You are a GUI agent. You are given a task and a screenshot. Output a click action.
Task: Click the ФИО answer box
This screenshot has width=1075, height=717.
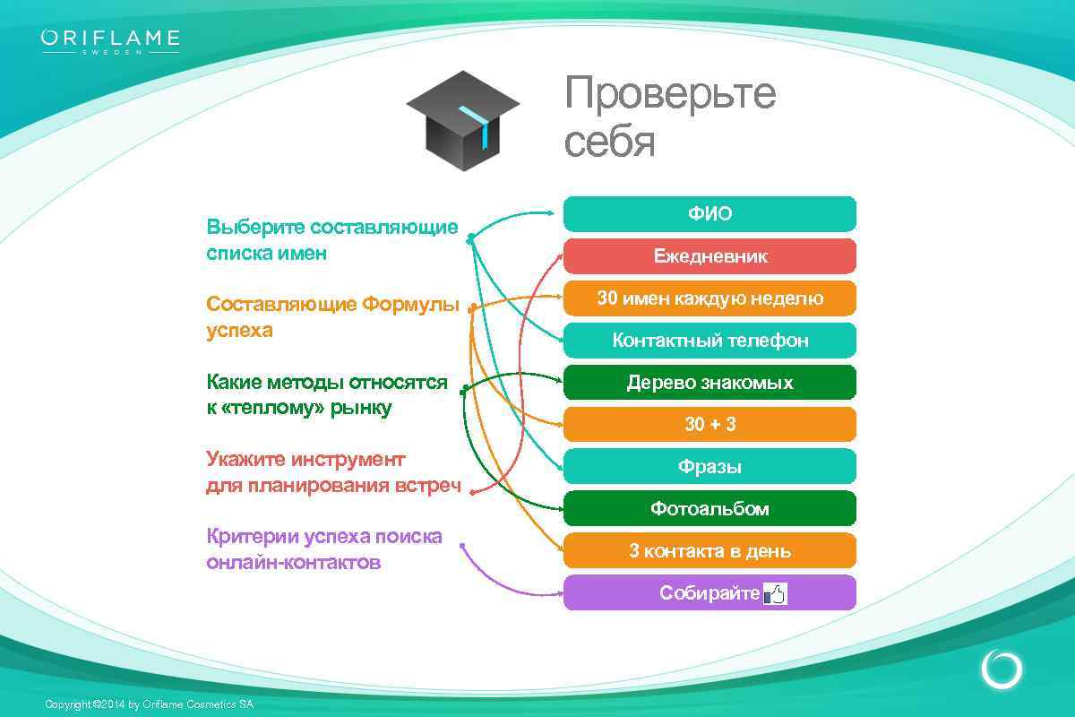tap(709, 214)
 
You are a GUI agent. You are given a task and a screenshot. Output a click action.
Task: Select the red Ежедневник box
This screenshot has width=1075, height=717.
tap(709, 256)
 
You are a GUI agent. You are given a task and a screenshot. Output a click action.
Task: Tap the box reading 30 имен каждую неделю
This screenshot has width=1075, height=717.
tap(709, 298)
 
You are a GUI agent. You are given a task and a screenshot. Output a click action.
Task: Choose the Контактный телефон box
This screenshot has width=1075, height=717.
tap(709, 341)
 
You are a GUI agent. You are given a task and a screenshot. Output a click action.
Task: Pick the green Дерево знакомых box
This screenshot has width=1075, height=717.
tap(709, 383)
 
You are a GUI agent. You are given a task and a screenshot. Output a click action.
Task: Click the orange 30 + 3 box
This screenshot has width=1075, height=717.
tap(709, 425)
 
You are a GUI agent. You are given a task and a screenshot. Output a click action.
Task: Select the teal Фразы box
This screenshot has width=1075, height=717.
tap(709, 467)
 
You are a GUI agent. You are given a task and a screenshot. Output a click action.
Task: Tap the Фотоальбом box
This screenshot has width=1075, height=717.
tap(709, 509)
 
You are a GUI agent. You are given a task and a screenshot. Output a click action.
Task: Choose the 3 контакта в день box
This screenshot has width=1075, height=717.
tap(709, 551)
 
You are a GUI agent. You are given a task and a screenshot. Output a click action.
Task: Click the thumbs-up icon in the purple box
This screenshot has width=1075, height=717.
tap(774, 593)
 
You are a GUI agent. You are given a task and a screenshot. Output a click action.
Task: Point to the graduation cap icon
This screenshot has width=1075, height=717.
tap(462, 120)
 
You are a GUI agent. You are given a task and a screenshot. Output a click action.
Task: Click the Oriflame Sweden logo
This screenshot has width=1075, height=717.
tap(110, 41)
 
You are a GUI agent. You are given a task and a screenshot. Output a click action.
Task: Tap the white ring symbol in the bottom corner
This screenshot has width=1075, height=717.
tap(1001, 669)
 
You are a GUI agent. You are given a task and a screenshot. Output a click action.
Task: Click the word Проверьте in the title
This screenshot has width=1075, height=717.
tap(669, 93)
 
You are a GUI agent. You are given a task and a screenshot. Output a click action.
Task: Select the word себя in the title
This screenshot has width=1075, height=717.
tap(609, 142)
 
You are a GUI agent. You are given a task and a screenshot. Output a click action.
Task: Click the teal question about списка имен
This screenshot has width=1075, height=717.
tap(331, 240)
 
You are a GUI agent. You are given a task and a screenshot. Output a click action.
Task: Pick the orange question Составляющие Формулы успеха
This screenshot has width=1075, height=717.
tap(331, 317)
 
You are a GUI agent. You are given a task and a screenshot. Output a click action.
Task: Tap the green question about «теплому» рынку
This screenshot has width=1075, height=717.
tap(326, 395)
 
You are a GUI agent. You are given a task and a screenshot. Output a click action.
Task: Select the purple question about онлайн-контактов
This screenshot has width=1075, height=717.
tap(323, 549)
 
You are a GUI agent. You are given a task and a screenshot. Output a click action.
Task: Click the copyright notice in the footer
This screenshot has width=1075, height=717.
tap(149, 704)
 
